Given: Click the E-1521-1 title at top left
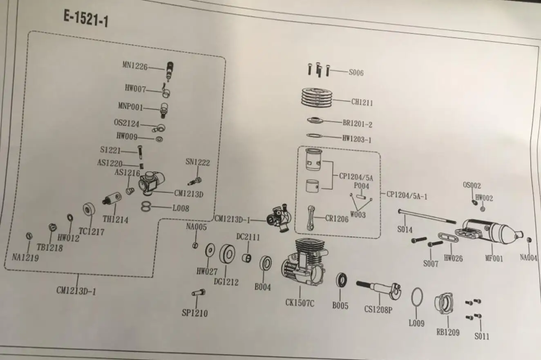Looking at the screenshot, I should [85, 18].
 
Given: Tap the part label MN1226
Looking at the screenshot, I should [135, 65].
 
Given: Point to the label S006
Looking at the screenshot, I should [356, 73].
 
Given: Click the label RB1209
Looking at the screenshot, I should [448, 332].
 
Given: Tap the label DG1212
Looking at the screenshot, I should [226, 282].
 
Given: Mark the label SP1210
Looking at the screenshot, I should [194, 313].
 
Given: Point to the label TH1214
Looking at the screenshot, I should [115, 220].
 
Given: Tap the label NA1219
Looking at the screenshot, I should [25, 257].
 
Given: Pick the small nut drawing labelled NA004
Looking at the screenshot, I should [529, 240].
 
